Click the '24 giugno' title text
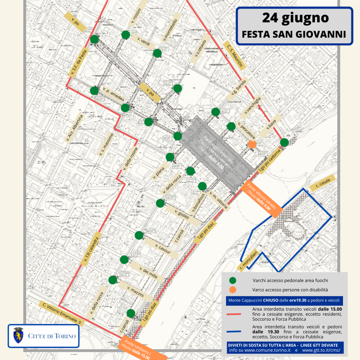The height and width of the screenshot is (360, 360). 295,17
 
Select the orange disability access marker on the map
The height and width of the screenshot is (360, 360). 252,145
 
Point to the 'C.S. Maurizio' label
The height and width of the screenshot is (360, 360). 234,53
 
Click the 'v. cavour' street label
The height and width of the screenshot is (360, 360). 161,247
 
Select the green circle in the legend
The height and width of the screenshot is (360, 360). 232,281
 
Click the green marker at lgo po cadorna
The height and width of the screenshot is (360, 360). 284,142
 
